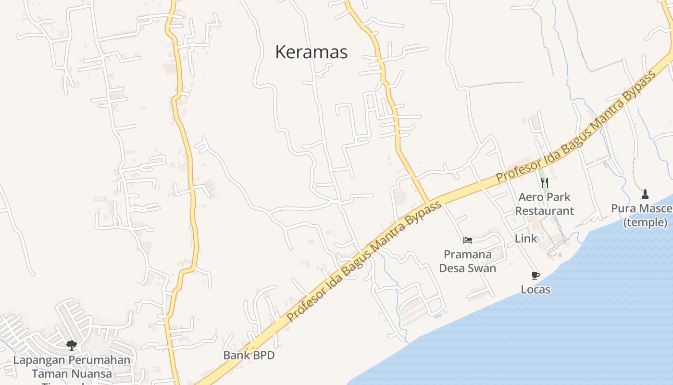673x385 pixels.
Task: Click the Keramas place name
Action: pyautogui.click(x=311, y=52)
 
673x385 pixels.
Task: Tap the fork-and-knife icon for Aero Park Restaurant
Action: pyautogui.click(x=544, y=183)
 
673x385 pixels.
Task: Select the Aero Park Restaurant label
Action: pyautogui.click(x=544, y=204)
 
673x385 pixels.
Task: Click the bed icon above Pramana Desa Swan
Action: pyautogui.click(x=467, y=240)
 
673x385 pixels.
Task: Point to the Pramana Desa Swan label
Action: pyautogui.click(x=467, y=261)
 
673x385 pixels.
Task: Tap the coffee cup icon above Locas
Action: pyautogui.click(x=536, y=275)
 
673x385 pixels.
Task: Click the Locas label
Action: pyautogui.click(x=536, y=290)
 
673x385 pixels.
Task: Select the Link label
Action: pyautogui.click(x=526, y=238)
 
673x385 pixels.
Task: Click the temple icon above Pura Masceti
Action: pyautogui.click(x=645, y=194)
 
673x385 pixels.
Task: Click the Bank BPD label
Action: pyautogui.click(x=249, y=355)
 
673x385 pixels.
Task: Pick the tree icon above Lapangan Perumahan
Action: pyautogui.click(x=72, y=345)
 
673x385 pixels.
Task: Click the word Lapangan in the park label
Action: pyautogui.click(x=39, y=360)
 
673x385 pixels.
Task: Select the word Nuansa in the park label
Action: pyautogui.click(x=91, y=373)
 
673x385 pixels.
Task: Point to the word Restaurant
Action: pyautogui.click(x=544, y=211)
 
